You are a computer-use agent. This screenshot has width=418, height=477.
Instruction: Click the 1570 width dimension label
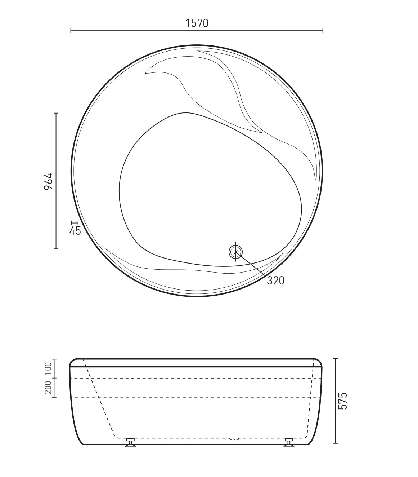click(197, 23)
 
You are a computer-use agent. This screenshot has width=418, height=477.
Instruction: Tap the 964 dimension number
click(49, 181)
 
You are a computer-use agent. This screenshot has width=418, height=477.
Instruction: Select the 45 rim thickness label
click(75, 231)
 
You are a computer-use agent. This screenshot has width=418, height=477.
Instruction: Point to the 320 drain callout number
click(275, 281)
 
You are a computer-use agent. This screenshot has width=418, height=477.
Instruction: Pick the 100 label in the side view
click(48, 368)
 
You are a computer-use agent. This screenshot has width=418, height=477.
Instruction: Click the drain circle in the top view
click(235, 252)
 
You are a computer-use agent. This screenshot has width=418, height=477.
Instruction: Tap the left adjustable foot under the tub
click(130, 442)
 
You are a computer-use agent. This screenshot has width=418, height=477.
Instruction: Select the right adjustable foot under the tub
click(289, 442)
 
